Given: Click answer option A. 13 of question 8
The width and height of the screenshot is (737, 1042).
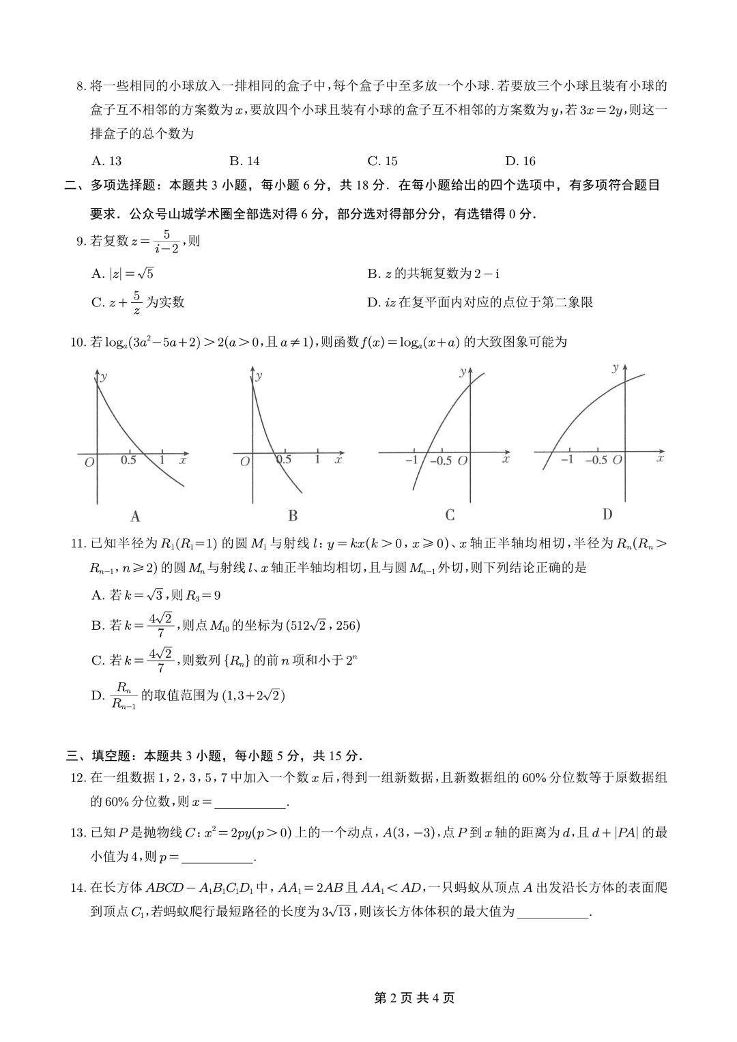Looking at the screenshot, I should [106, 161].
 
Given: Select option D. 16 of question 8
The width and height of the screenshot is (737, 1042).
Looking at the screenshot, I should [520, 161].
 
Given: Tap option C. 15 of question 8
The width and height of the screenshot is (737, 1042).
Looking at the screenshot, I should [382, 161].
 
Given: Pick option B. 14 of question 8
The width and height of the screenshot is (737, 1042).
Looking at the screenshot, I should [244, 161].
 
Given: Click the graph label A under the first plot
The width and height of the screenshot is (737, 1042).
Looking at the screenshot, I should [135, 516].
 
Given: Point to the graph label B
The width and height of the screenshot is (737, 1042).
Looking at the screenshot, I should [293, 516].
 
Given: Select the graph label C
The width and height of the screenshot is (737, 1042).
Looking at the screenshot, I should [450, 515].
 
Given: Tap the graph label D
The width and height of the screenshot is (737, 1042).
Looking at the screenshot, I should [607, 514].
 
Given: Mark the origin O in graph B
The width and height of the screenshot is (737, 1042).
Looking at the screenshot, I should [245, 462].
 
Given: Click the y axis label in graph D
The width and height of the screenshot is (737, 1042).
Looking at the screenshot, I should [616, 368].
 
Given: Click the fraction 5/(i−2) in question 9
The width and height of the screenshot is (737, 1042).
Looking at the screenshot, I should [166, 242].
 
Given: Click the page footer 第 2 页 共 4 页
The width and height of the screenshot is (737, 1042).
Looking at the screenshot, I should [415, 998].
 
